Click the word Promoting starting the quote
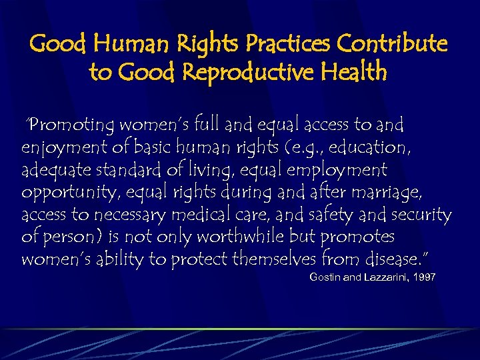tap(74, 125)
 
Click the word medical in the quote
tap(205, 215)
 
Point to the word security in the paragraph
tap(421, 215)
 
